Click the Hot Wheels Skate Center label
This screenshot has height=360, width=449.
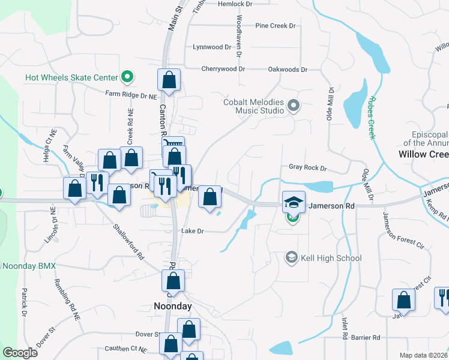click(x=71, y=77)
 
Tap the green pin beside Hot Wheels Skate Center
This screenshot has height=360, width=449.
click(x=127, y=77)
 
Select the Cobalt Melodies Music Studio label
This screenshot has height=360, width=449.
click(x=253, y=106)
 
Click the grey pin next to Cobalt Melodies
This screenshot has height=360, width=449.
click(x=294, y=106)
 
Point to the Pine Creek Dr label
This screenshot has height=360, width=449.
click(x=276, y=26)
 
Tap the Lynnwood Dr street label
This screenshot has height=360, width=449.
click(x=212, y=47)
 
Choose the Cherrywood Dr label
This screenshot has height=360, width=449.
click(x=223, y=69)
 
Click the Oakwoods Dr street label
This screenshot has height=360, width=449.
click(x=288, y=70)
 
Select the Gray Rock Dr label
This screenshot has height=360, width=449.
click(x=307, y=168)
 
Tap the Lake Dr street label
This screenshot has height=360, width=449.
click(x=193, y=231)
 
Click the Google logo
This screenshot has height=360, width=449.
click(x=20, y=353)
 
